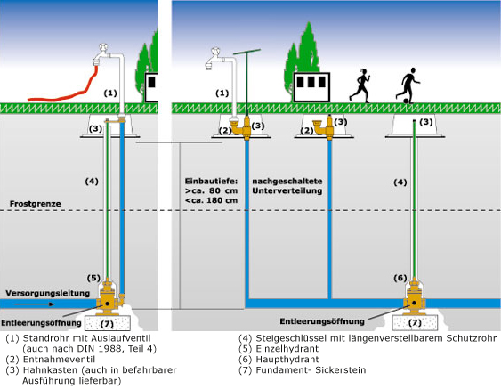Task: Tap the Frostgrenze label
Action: click(35, 204)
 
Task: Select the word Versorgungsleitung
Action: click(47, 293)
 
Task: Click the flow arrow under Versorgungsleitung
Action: click(34, 304)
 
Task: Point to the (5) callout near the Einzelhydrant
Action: click(93, 278)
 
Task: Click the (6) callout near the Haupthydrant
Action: click(400, 278)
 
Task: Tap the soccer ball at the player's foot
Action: click(406, 101)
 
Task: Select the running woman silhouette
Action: click(360, 85)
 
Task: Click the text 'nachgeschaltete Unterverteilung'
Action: click(287, 186)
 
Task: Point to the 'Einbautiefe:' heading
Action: click(211, 181)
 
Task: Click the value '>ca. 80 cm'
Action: click(211, 190)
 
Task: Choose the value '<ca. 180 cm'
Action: click(211, 200)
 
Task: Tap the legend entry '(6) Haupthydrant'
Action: click(279, 360)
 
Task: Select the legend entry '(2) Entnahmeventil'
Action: click(51, 360)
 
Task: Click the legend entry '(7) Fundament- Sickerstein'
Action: click(302, 370)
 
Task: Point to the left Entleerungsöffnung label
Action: click(41, 322)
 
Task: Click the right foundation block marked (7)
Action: click(415, 323)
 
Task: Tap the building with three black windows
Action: click(311, 87)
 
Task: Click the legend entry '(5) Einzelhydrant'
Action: click(279, 349)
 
